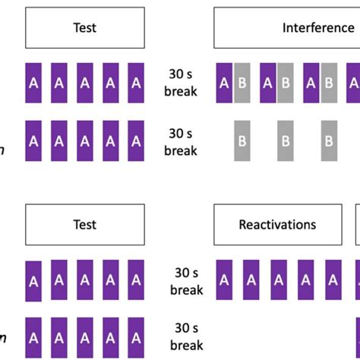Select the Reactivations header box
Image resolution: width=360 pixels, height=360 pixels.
277,225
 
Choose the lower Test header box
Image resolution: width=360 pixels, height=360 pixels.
84,225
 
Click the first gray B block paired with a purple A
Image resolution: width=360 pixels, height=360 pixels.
242,84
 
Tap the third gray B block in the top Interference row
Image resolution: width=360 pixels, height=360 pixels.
329,84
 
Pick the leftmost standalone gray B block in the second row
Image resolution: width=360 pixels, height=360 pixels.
242,141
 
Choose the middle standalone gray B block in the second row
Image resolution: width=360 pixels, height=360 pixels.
286,141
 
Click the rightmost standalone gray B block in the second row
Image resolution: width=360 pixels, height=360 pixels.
329,141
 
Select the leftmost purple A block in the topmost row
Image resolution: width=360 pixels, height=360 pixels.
33,84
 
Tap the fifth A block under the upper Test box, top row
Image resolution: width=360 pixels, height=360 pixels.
135,84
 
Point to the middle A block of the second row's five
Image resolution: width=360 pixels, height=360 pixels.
84,141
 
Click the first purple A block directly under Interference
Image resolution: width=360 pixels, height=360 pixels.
225,84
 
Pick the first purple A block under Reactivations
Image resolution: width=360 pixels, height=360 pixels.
225,280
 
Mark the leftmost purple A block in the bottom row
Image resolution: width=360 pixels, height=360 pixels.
33,336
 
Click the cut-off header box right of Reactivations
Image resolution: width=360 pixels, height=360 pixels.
358,225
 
